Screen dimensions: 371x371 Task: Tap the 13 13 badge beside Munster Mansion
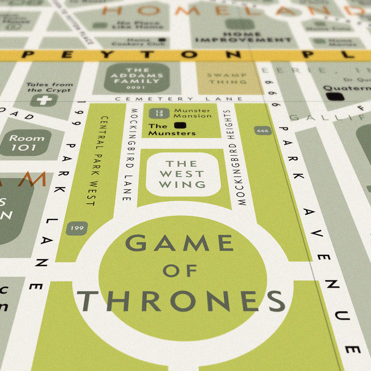tap(159, 113)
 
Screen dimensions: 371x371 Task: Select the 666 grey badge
tap(263, 131)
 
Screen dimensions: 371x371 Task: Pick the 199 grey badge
tap(77, 227)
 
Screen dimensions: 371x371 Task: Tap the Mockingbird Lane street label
tap(130, 155)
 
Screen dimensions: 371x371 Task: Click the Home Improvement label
tap(237, 37)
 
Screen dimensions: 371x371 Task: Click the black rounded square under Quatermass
tap(335, 96)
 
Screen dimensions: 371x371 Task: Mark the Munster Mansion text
tap(192, 113)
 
